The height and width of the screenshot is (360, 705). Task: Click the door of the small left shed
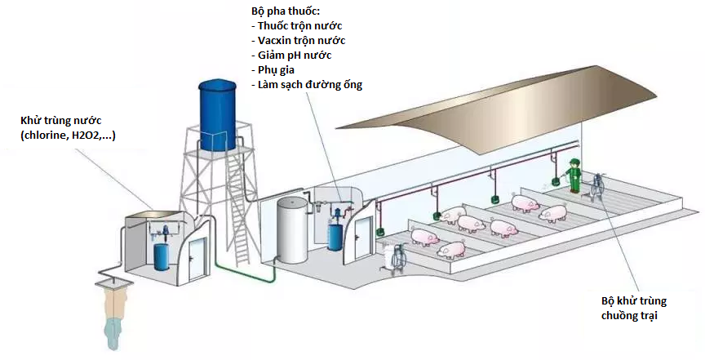[197, 260]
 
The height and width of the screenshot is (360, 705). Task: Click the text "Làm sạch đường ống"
[308, 85]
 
